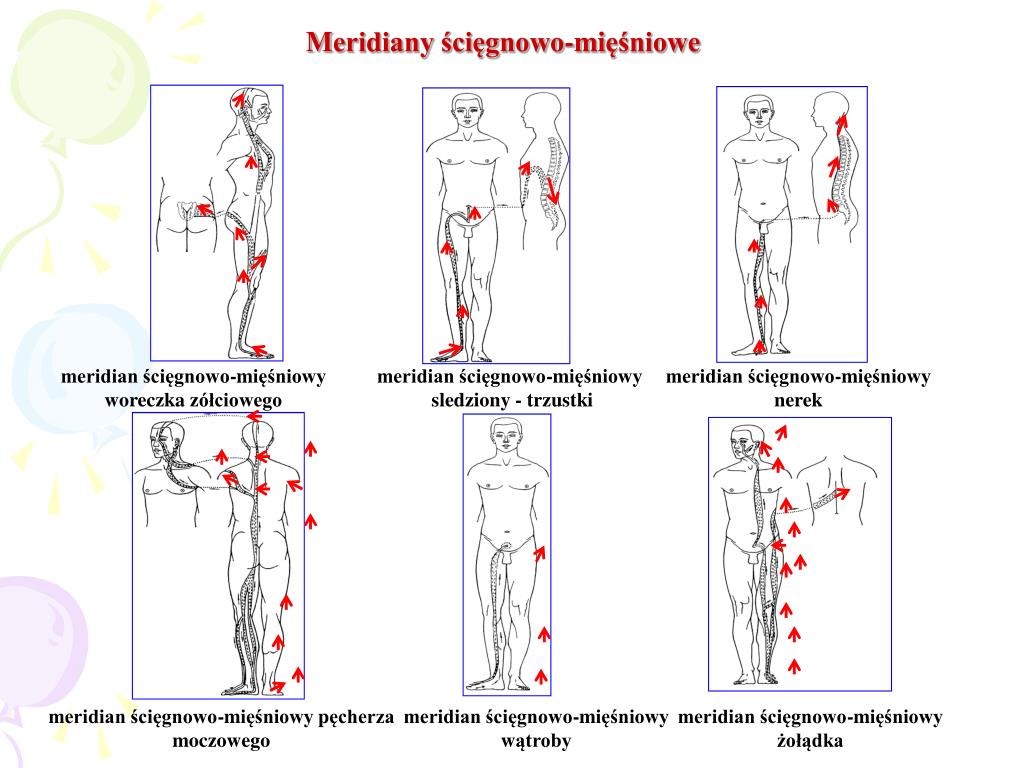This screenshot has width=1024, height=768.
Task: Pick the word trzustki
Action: point(560,400)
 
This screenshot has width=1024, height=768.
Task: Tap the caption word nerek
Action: point(797,400)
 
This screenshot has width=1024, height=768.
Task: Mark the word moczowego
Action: point(221,741)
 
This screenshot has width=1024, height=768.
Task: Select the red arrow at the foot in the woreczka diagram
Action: point(260,349)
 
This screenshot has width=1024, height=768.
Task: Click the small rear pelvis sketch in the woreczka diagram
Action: point(187,213)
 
